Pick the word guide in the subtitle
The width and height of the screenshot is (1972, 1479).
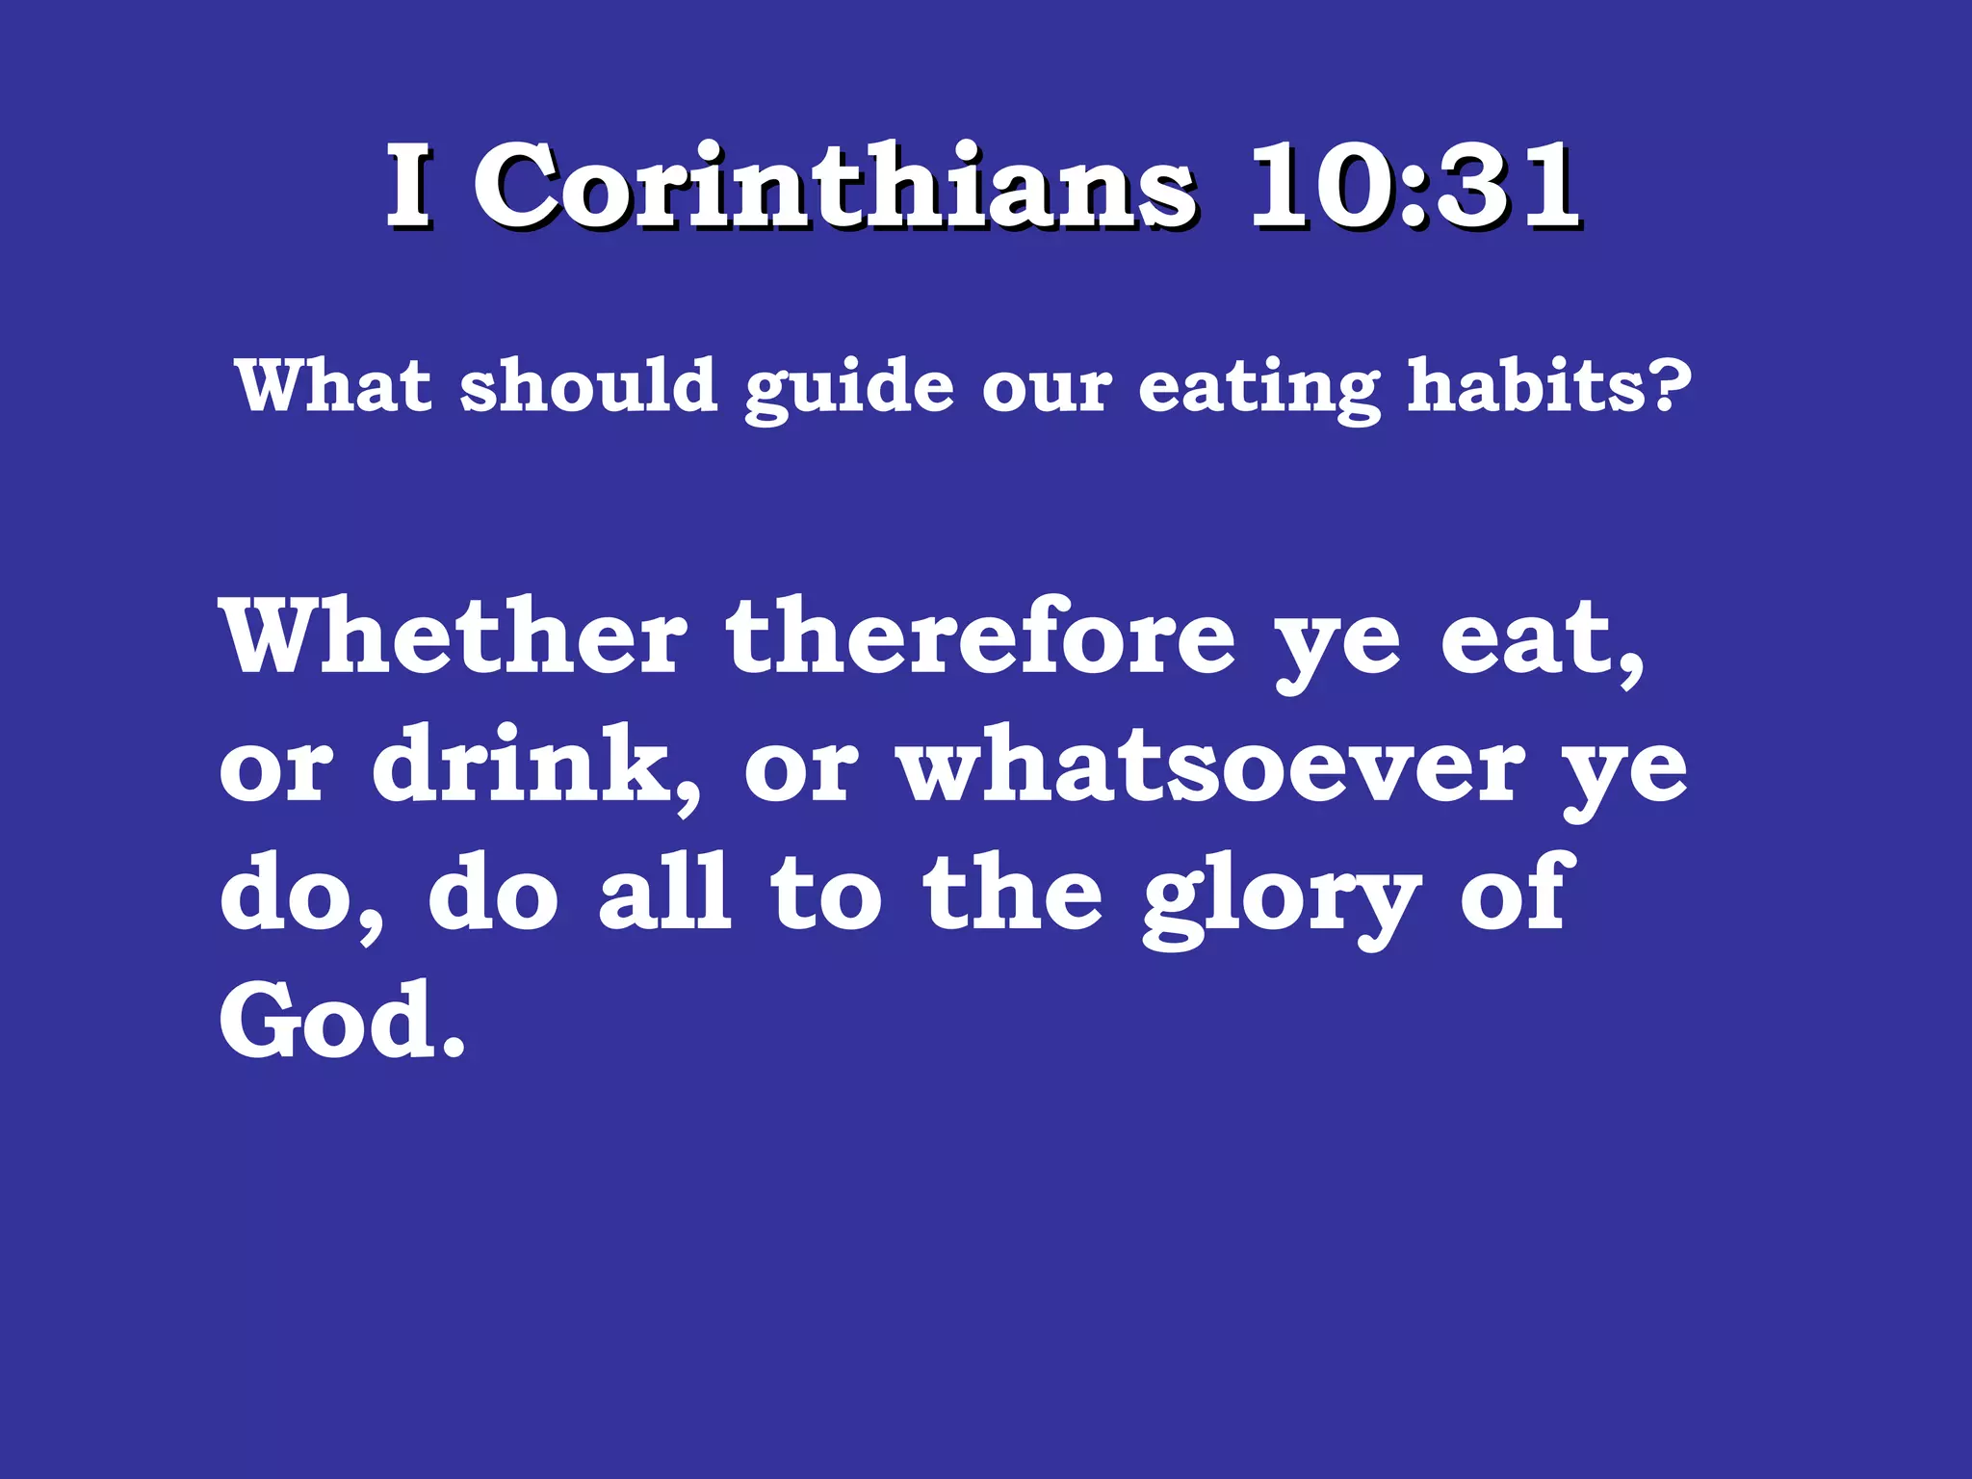click(849, 389)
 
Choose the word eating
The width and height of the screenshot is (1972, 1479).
click(1258, 389)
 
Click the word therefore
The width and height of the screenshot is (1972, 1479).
click(980, 637)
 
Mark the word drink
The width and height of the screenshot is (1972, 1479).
click(532, 766)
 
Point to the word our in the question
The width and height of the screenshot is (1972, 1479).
click(1047, 389)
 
